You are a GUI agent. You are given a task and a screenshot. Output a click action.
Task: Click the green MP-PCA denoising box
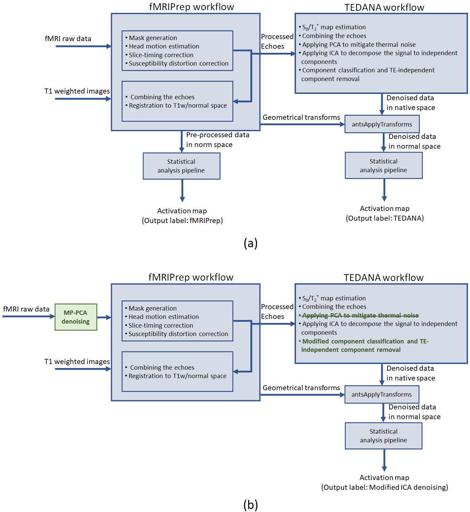coord(76,317)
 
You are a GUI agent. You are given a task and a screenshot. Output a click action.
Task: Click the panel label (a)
coord(250,243)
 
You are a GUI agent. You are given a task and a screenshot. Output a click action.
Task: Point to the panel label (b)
coord(250,505)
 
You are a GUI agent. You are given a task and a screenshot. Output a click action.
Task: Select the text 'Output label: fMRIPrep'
coord(182,221)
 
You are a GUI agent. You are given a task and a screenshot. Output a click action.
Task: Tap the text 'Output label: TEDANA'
coord(384,218)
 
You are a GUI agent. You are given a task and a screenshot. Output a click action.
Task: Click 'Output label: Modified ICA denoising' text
coord(384,487)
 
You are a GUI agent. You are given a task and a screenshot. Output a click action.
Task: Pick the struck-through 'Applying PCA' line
coord(360,316)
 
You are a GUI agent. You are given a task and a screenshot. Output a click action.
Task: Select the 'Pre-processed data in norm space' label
coord(217,140)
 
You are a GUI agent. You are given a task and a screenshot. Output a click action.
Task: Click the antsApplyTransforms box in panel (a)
coord(382,124)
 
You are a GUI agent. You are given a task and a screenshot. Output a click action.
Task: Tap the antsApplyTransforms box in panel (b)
coord(381,395)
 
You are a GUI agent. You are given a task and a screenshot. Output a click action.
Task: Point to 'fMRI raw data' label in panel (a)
coord(68,39)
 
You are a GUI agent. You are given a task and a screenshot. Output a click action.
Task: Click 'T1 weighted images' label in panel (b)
coord(77,362)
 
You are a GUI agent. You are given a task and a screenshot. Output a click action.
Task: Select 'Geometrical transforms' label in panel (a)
coord(301,117)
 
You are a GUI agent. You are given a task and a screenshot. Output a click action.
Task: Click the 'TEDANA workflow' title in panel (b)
coord(383,278)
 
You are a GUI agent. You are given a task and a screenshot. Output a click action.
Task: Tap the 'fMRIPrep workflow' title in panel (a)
coord(192,7)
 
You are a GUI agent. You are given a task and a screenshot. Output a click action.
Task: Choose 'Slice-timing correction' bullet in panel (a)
coord(161,55)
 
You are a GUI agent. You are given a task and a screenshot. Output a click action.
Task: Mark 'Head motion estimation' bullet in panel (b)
coord(164,317)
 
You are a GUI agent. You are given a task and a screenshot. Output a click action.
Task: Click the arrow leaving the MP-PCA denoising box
coord(104,317)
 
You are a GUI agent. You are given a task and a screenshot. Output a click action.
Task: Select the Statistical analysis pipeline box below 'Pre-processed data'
coord(181,166)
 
